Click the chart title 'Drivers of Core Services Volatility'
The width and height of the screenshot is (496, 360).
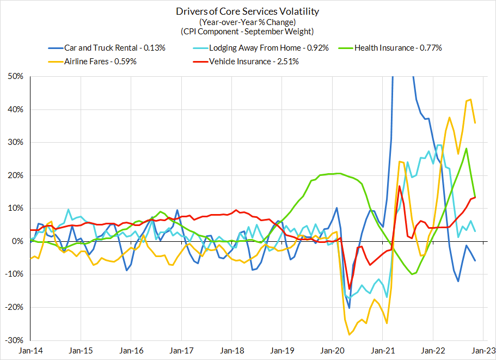click(x=248, y=11)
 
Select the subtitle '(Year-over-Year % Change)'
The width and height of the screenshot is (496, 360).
click(x=248, y=22)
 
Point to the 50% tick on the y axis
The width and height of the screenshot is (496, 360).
click(x=15, y=76)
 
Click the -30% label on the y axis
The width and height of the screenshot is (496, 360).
click(x=14, y=340)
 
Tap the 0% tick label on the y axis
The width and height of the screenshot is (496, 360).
click(x=17, y=241)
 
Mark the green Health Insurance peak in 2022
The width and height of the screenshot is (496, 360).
click(x=467, y=148)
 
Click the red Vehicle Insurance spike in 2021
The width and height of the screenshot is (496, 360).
click(x=400, y=186)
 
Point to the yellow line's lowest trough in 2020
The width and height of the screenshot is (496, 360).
click(x=349, y=335)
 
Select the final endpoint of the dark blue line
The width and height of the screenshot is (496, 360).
click(x=475, y=260)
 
